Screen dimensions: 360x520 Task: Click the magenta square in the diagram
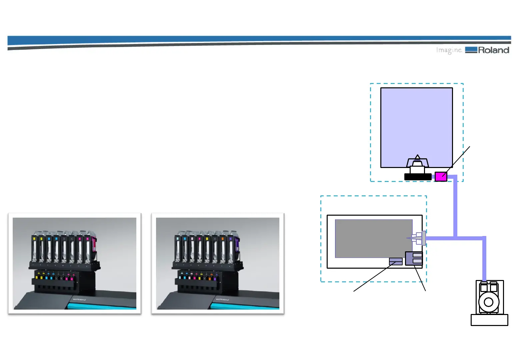441,177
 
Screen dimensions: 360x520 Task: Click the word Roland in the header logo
493,50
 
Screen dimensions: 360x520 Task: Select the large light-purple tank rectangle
416,123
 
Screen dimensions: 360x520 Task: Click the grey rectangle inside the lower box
373,238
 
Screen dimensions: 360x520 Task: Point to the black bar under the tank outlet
418,177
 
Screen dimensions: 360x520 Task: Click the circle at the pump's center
488,302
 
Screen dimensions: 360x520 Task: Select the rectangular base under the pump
489,320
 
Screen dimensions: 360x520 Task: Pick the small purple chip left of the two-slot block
396,261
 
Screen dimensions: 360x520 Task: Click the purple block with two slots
414,258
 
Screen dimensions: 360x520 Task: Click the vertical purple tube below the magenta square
455,207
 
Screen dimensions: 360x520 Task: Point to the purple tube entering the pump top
484,260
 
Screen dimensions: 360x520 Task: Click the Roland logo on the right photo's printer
222,299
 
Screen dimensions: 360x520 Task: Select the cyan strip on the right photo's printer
247,306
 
